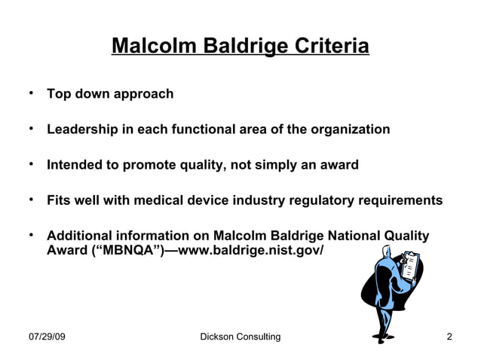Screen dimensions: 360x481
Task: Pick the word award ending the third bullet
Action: (x=337, y=165)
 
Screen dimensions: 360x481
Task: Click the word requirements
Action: (x=403, y=200)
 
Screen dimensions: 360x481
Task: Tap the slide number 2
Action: (x=449, y=337)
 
